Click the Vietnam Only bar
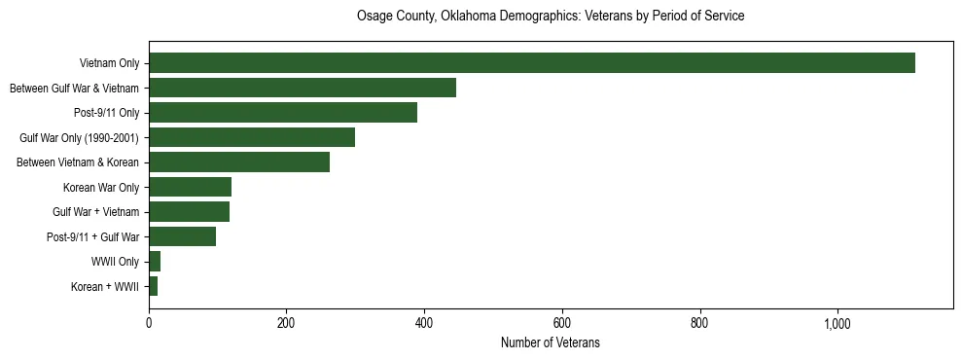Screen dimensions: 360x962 click(x=532, y=63)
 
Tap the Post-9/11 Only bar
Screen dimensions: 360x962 click(x=283, y=112)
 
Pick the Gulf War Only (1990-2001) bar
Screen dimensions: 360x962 click(x=252, y=137)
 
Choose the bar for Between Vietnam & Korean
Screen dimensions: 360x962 click(x=239, y=162)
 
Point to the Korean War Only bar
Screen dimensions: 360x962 click(x=190, y=187)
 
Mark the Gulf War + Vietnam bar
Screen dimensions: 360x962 click(x=189, y=211)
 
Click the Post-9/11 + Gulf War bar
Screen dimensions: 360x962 click(x=182, y=236)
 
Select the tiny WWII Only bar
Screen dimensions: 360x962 click(x=155, y=261)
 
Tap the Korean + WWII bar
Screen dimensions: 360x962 click(x=153, y=286)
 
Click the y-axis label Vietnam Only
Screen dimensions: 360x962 click(x=110, y=63)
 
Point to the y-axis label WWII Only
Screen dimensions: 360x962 click(x=115, y=262)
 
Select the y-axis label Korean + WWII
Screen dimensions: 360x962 click(x=105, y=286)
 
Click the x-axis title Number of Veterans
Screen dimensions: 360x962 click(x=550, y=343)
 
